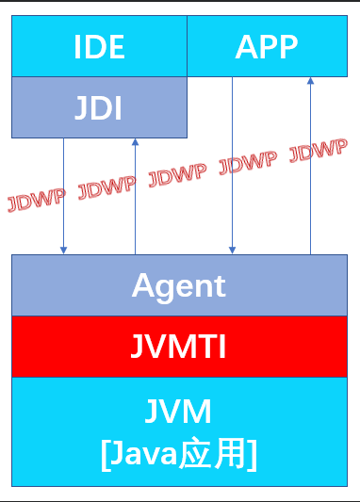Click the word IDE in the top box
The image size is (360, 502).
tap(100, 46)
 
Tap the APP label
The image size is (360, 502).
tap(267, 46)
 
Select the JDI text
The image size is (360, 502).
tap(99, 108)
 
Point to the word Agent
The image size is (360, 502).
tap(179, 284)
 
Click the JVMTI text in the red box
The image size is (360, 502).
tap(179, 347)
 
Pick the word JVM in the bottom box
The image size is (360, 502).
tap(179, 412)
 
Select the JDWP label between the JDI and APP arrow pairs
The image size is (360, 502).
tap(178, 174)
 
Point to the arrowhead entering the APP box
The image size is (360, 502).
tap(310, 82)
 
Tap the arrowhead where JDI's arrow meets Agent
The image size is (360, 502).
tap(64, 250)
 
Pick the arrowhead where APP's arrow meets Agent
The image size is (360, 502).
tap(232, 250)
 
